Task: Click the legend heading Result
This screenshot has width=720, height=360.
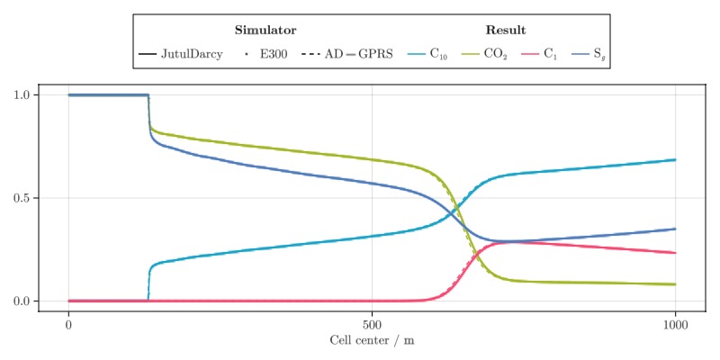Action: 506,30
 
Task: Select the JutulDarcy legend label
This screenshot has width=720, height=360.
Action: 192,55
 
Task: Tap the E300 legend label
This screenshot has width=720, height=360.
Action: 274,55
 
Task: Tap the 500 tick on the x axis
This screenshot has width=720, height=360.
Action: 372,324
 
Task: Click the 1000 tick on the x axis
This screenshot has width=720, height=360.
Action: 675,324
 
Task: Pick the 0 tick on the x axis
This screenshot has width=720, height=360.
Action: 68,324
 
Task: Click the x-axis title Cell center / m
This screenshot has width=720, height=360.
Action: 372,341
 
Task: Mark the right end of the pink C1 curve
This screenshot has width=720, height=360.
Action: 675,253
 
